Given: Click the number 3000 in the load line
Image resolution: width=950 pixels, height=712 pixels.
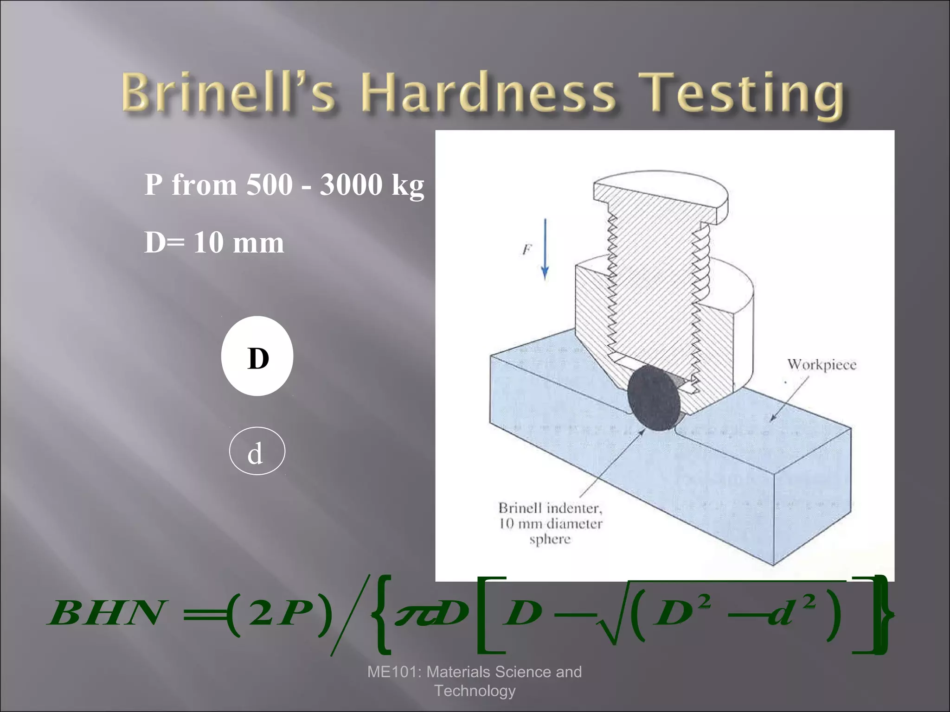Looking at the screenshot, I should coord(351,185).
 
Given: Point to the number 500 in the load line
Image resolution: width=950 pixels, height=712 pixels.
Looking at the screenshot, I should coord(270,185).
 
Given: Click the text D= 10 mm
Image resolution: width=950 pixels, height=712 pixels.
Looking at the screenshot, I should coord(214,242).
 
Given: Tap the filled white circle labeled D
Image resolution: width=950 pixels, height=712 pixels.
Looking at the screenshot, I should coord(257,356).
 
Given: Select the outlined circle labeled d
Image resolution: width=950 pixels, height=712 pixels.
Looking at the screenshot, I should coord(257,451).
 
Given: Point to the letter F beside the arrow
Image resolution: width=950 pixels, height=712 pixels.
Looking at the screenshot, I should coord(526,250).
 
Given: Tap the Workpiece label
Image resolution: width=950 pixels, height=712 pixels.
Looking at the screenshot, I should coord(822,365).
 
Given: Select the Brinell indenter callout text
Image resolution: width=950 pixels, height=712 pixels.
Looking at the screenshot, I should coord(550,523).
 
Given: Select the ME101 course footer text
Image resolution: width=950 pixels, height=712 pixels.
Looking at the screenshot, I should coord(475,681).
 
